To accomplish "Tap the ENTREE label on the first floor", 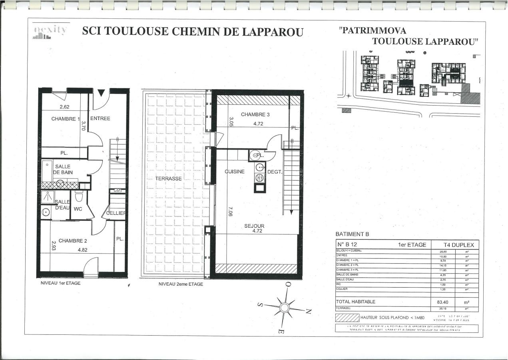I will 100,118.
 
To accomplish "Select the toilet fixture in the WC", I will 79,196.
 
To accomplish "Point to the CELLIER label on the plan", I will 116,213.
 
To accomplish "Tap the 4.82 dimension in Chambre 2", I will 83,249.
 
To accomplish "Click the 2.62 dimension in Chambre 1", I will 65,107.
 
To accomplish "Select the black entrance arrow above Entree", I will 101,93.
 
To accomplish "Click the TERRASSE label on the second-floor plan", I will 169,178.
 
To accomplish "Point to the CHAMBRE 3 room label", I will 255,114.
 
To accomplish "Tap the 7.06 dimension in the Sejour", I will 230,211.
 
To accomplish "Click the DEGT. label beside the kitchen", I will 275,172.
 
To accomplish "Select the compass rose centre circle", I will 284,307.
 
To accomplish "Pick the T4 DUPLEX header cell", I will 458,245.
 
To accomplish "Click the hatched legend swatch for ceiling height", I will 347,318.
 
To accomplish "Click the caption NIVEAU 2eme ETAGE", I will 181,284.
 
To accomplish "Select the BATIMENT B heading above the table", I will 352,234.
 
